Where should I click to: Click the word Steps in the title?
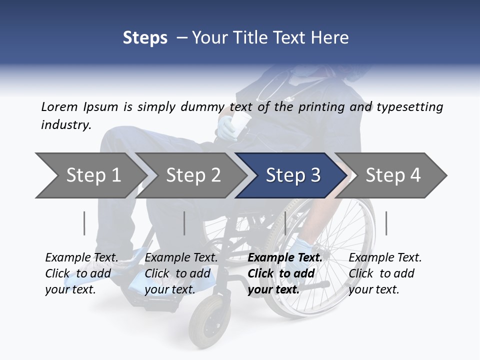point(145,37)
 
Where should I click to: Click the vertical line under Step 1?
point(84,223)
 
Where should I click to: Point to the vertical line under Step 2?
point(184,223)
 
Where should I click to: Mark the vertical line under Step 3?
point(285,223)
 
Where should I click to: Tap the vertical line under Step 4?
point(386,223)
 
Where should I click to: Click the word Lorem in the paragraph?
point(59,107)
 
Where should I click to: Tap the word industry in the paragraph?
point(65,125)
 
